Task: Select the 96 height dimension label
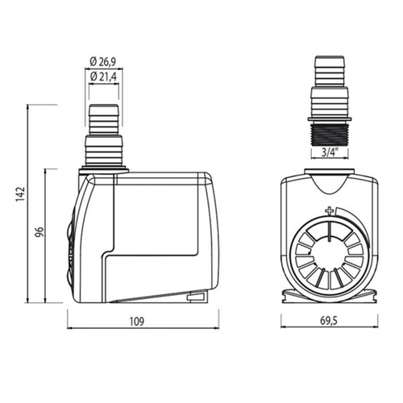click(x=39, y=232)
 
